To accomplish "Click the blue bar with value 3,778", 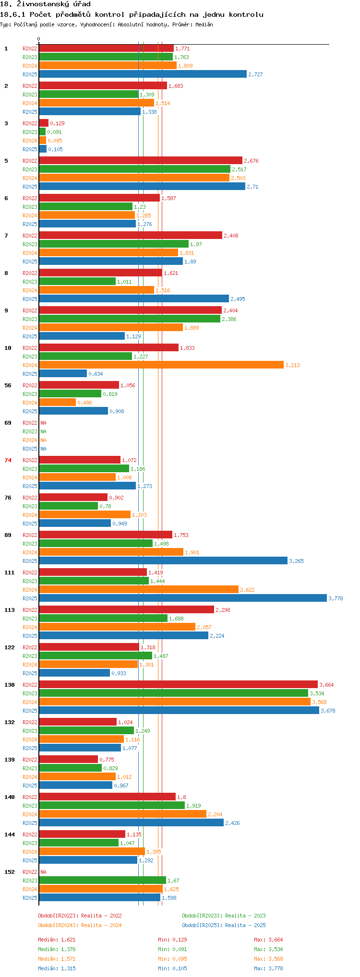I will tap(182, 598).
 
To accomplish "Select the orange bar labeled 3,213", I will tap(161, 365).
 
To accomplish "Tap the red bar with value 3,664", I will tap(178, 684).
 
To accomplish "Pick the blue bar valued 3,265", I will tap(163, 560).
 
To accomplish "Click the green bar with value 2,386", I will tap(130, 319).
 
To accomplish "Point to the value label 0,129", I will tap(57, 123).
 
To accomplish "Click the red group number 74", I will tap(8, 460).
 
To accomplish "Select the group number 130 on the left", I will tap(10, 685).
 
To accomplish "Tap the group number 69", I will tap(8, 423).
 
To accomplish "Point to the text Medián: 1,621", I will tap(57, 940).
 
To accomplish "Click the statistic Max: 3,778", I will tap(268, 968).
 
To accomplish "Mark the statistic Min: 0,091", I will tap(172, 949).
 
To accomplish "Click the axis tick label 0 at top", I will tap(39, 39).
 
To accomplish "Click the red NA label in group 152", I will tap(43, 872).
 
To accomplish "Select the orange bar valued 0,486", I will tap(57, 402).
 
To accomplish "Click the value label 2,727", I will tap(255, 74).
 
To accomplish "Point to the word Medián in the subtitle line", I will tap(204, 24).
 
